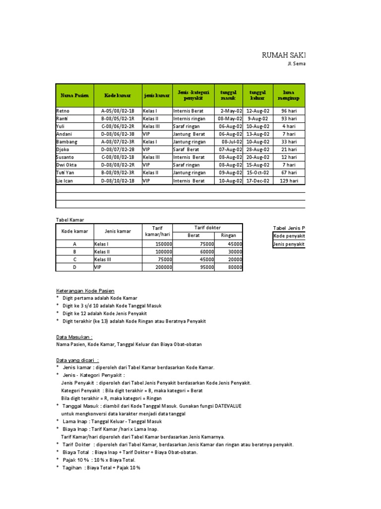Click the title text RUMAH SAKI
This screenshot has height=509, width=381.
pos(284,55)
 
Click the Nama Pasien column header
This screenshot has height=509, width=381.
pos(74,95)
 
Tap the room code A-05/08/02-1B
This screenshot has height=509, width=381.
pos(118,111)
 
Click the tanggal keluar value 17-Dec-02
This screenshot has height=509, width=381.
pos(258,181)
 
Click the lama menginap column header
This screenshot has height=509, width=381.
pos(289,95)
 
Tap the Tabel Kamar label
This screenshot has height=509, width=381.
pos(69,219)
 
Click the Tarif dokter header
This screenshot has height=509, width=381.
pos(208,228)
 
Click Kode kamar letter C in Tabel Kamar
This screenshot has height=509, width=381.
pos(74,259)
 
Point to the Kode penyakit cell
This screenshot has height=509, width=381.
pos(289,236)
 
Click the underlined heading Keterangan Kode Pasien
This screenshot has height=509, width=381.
pos(85,290)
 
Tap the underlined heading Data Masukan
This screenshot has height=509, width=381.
pos(74,337)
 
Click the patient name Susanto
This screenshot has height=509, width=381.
pos(65,158)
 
